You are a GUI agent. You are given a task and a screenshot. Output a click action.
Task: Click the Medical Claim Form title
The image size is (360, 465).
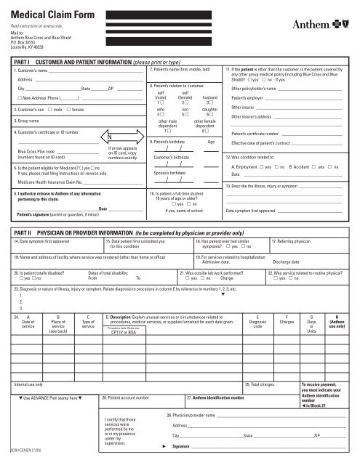point(52,12)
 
